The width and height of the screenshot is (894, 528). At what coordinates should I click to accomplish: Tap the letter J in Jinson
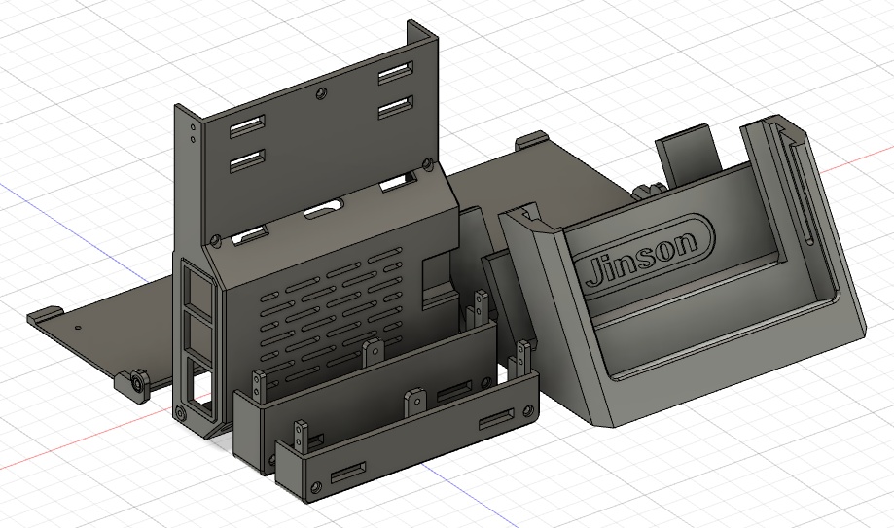[594, 269]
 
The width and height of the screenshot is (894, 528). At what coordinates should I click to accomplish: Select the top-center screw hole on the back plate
[320, 94]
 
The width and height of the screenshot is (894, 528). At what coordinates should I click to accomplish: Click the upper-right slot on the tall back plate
[394, 74]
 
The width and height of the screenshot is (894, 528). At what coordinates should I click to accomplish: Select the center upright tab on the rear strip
[371, 351]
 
